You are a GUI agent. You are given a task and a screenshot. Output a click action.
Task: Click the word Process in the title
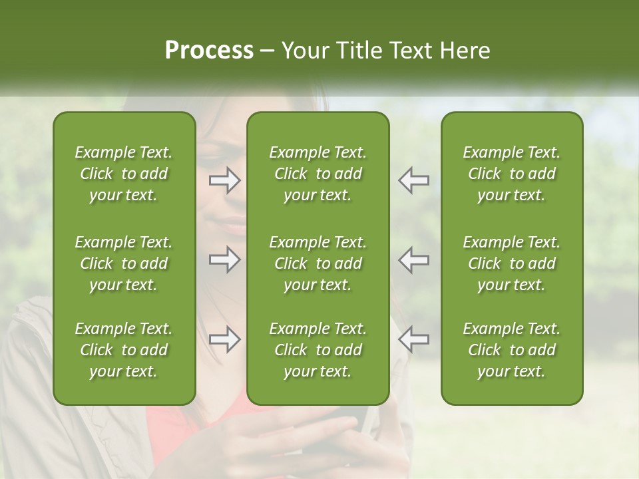click(x=209, y=51)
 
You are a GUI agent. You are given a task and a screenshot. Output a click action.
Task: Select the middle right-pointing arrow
click(x=225, y=259)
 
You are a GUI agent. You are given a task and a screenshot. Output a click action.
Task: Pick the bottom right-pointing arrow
click(x=225, y=339)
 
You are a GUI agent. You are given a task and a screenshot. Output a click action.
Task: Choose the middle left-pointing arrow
click(x=413, y=259)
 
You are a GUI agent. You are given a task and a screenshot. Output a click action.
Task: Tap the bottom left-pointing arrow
click(x=413, y=339)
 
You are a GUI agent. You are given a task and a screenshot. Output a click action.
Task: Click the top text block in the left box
click(x=124, y=174)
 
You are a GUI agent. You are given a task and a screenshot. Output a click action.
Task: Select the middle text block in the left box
click(x=124, y=263)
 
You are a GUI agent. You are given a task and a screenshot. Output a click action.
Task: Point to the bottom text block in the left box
click(x=124, y=350)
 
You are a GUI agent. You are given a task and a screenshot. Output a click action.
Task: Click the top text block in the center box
click(x=318, y=174)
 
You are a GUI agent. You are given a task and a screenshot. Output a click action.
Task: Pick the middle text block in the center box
click(x=318, y=263)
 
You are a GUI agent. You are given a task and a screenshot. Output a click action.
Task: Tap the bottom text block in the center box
click(x=318, y=350)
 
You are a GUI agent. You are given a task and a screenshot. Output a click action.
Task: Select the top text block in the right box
click(x=511, y=174)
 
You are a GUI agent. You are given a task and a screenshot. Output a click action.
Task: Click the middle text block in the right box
click(x=511, y=263)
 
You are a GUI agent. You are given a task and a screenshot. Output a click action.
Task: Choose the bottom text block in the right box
click(x=511, y=350)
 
